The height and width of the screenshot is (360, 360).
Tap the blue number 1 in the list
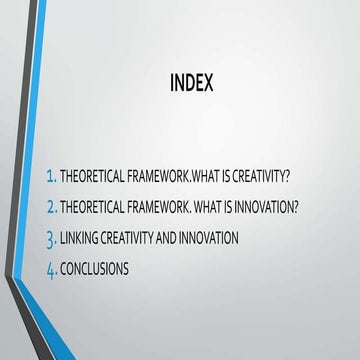(50, 177)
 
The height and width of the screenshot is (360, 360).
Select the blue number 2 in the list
(50, 207)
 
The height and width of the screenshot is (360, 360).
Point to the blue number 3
(50, 239)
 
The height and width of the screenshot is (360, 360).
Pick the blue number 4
(50, 270)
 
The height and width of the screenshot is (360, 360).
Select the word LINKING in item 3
(77, 238)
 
